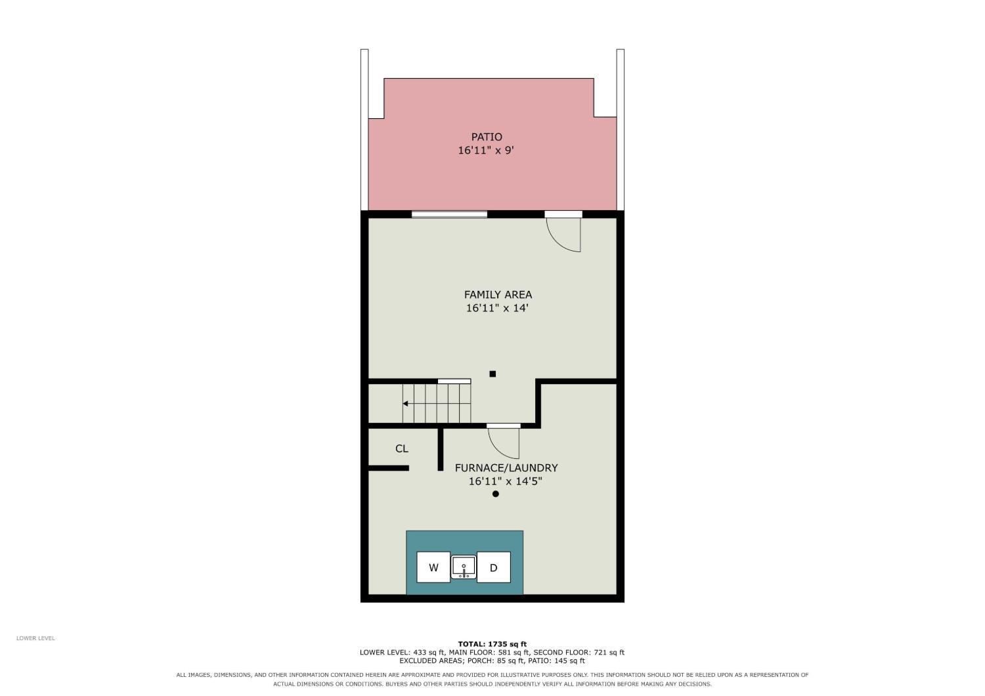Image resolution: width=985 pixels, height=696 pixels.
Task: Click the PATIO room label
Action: click(487, 137)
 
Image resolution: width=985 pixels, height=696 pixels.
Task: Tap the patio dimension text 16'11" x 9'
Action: click(486, 150)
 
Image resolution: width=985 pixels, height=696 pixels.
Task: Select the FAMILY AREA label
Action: click(498, 295)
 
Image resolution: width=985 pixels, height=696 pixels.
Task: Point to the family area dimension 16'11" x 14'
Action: click(497, 308)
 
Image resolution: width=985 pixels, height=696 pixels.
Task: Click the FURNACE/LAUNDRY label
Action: click(506, 468)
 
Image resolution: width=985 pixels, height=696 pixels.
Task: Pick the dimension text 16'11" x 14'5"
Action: click(505, 481)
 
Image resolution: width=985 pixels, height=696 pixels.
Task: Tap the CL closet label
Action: click(401, 448)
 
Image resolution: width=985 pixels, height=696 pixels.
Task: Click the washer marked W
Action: click(433, 567)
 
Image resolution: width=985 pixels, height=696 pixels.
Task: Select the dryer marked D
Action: click(493, 567)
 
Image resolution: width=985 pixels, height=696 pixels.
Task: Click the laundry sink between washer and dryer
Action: click(464, 567)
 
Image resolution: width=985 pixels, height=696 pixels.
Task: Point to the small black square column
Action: click(492, 374)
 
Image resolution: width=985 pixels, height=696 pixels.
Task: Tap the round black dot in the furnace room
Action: click(496, 494)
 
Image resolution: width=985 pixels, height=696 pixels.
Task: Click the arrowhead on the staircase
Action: click(405, 403)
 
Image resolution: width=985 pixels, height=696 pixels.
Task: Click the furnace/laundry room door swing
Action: click(498, 450)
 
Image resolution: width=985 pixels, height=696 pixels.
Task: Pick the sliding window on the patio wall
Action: click(449, 214)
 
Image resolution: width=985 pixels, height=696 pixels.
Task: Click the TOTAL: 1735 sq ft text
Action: click(492, 644)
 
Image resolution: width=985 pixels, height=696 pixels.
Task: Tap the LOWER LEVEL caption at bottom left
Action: click(35, 638)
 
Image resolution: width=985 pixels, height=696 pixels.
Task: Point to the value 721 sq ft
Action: click(609, 653)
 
